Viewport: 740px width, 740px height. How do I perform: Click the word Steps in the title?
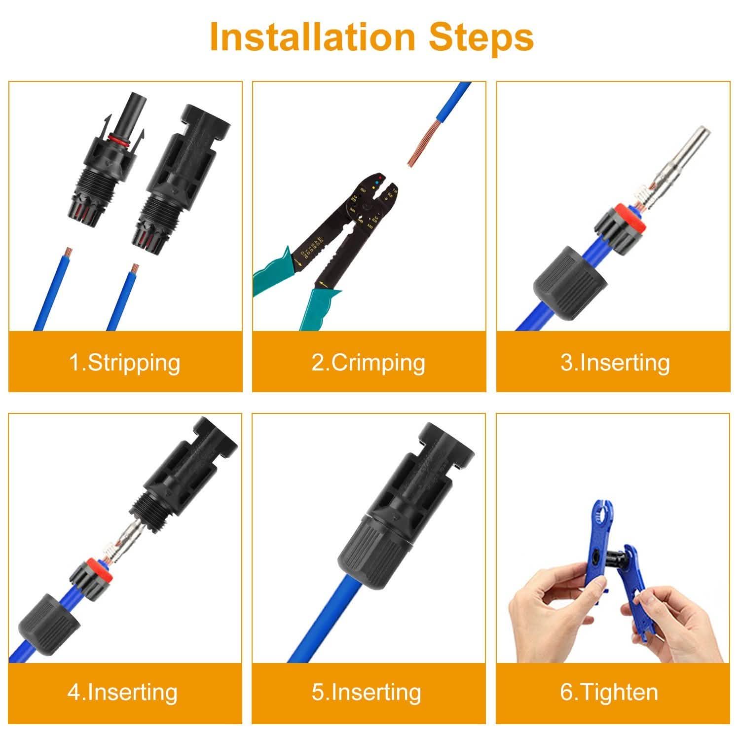[481, 37]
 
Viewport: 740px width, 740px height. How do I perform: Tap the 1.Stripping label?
[125, 363]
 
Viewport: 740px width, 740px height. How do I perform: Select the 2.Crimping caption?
[369, 363]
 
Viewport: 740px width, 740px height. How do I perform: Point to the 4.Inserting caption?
[122, 692]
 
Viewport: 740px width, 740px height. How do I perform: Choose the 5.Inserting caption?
[367, 692]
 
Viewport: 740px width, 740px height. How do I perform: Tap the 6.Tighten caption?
[609, 692]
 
